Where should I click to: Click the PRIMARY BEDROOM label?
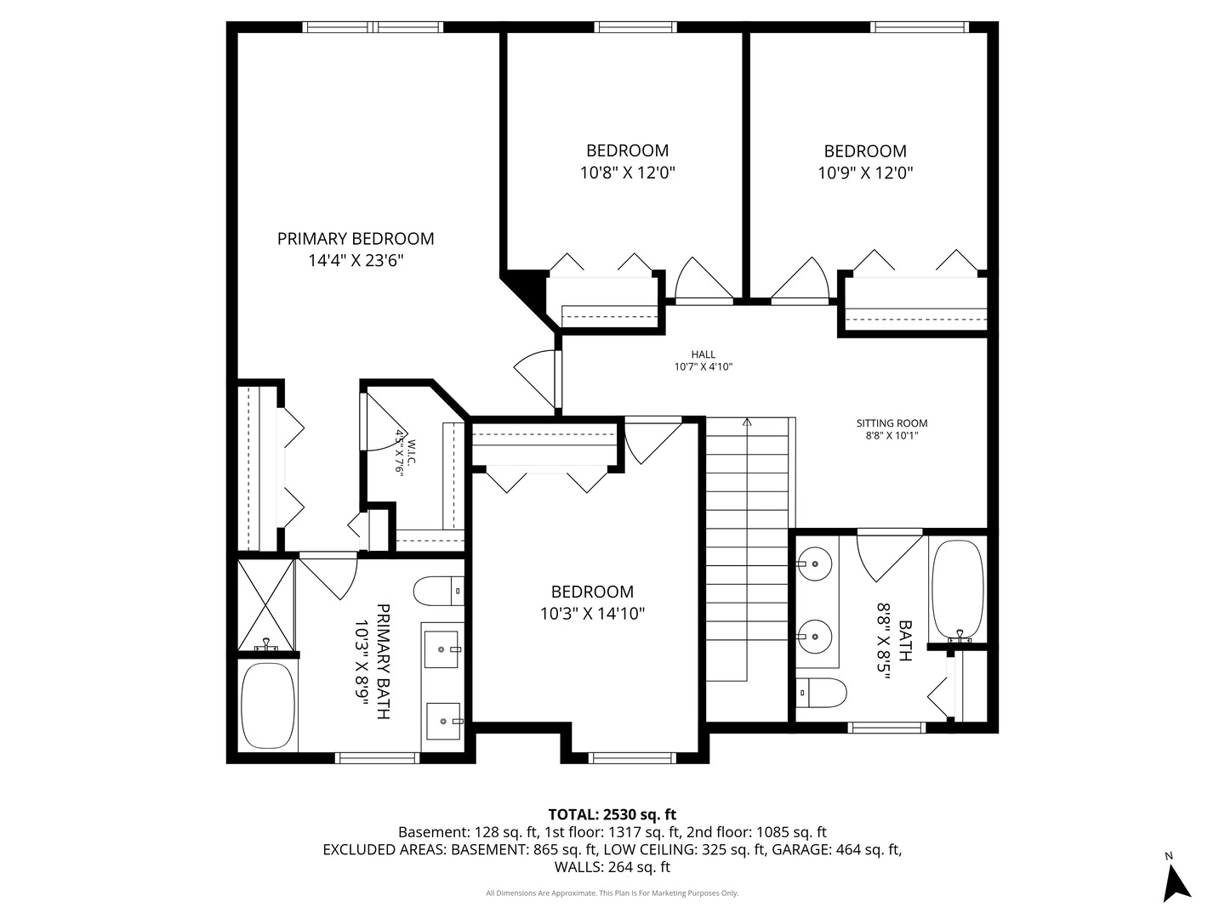pos(356,239)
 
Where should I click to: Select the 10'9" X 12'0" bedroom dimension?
pos(865,173)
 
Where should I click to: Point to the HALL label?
pos(703,354)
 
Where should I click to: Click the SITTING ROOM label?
pos(892,423)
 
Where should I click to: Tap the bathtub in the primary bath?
pos(268,705)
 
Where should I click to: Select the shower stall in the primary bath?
pos(265,603)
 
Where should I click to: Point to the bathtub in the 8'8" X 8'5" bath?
pos(957,591)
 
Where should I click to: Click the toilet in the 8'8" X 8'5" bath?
pos(821,693)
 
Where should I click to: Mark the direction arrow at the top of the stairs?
pos(747,422)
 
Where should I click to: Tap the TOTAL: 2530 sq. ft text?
pos(612,814)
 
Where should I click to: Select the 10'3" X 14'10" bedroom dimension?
pos(592,614)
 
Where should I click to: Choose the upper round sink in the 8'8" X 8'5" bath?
pos(816,563)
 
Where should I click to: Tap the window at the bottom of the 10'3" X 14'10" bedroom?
pos(632,757)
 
